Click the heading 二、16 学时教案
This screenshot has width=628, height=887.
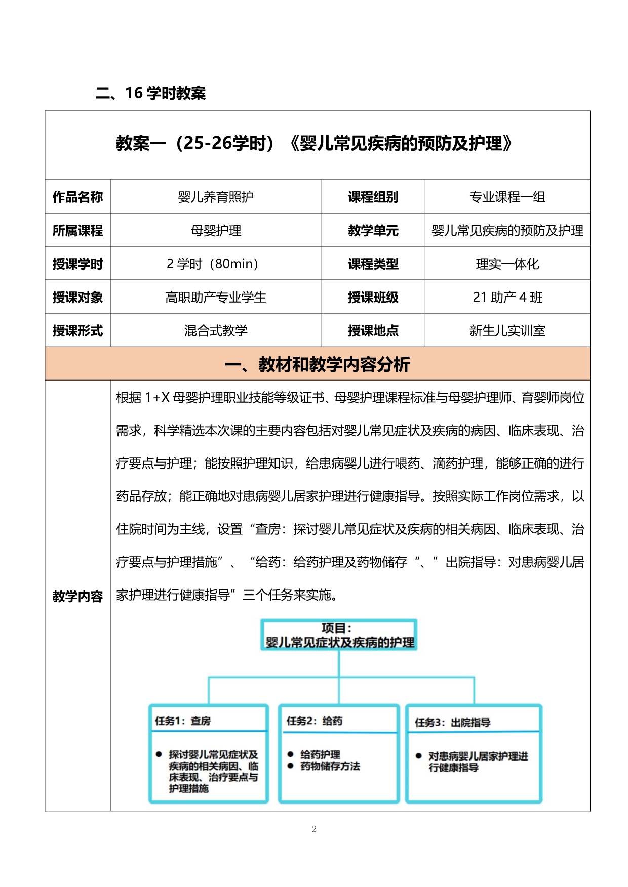pyautogui.click(x=150, y=93)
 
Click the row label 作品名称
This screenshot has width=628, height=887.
pyautogui.click(x=77, y=197)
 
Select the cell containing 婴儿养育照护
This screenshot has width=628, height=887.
pyautogui.click(x=216, y=197)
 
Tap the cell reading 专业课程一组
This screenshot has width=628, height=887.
pyautogui.click(x=507, y=197)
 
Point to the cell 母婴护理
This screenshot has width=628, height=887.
pyautogui.click(x=216, y=231)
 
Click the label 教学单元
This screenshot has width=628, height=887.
pyautogui.click(x=373, y=231)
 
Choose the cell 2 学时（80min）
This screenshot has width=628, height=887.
pyautogui.click(x=216, y=264)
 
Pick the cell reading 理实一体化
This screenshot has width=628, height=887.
pyautogui.click(x=507, y=264)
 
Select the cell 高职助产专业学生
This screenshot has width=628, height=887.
pyautogui.click(x=216, y=297)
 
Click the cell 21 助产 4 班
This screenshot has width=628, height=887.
pyautogui.click(x=507, y=297)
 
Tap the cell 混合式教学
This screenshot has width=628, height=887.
pyautogui.click(x=216, y=330)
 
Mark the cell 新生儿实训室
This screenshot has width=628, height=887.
pyautogui.click(x=507, y=330)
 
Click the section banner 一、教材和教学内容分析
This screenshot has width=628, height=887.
pyautogui.click(x=317, y=364)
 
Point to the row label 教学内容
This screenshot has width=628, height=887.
pyautogui.click(x=77, y=596)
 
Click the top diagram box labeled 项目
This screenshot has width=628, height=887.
pyautogui.click(x=339, y=635)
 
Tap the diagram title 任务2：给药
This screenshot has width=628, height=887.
pyautogui.click(x=314, y=721)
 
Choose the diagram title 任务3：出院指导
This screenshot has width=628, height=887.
pyautogui.click(x=452, y=722)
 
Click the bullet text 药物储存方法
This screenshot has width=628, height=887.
pyautogui.click(x=330, y=766)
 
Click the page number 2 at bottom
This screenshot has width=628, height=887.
pyautogui.click(x=314, y=829)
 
